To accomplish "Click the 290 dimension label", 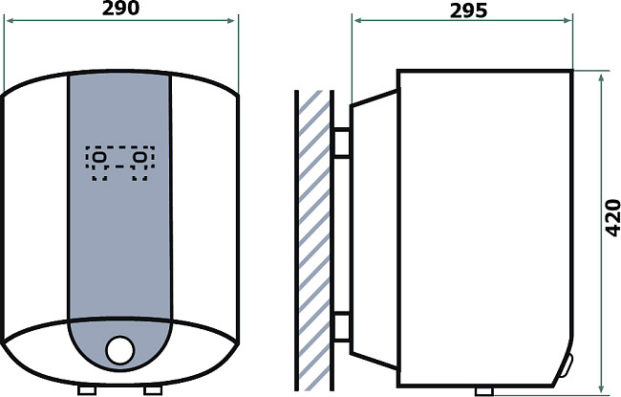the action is (x=120, y=9).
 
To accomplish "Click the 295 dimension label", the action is (x=468, y=11).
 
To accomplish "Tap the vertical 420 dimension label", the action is (x=612, y=218).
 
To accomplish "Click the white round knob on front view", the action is (x=120, y=350).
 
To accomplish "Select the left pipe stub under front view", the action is (x=87, y=390).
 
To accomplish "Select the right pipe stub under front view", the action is (x=153, y=390).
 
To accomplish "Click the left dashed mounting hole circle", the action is (x=99, y=158).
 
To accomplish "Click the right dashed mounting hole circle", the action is (x=140, y=158).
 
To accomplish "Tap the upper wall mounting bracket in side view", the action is (x=341, y=143).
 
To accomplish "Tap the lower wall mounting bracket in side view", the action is (x=341, y=326).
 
